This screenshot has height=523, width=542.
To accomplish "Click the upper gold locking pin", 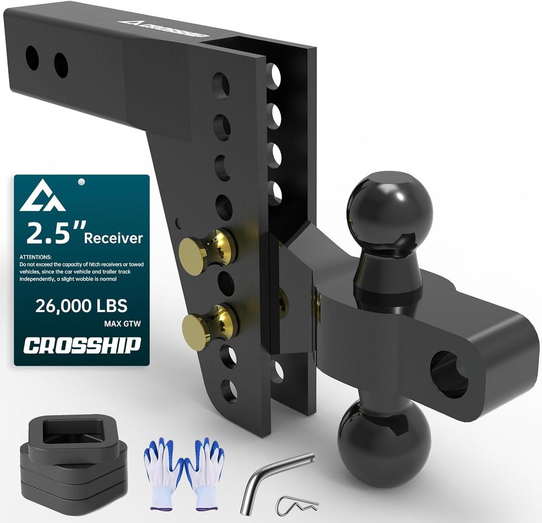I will pyautogui.click(x=206, y=248).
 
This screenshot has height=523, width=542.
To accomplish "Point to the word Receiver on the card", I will pyautogui.click(x=113, y=237).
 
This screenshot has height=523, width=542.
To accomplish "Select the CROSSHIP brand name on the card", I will pyautogui.click(x=82, y=345).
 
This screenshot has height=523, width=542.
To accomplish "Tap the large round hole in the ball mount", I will pyautogui.click(x=448, y=374).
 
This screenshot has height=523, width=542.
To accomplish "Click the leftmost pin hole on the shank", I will pyautogui.click(x=32, y=58).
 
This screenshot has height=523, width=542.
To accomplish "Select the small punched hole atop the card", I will pyautogui.click(x=81, y=182).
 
